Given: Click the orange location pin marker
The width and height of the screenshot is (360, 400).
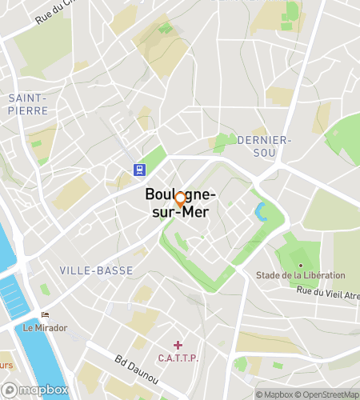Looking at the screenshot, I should [181, 199].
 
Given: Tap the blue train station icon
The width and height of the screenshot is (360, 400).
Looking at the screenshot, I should [140, 169].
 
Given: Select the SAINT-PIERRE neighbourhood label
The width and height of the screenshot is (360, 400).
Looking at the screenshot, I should [28, 104].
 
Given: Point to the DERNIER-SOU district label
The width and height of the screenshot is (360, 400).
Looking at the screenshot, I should [265, 146].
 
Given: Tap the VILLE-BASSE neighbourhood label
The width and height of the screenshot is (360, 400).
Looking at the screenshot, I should [97, 270].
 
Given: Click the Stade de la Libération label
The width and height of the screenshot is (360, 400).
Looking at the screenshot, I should [301, 275].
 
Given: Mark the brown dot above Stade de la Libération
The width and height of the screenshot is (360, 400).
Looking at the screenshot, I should [301, 265].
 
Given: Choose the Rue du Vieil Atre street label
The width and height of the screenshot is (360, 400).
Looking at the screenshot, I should [328, 294].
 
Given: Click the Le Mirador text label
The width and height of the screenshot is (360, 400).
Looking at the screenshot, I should [45, 327].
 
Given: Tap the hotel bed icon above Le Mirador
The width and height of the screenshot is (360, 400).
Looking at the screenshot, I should [45, 315].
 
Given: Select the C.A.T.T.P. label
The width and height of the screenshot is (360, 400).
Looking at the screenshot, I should [178, 358].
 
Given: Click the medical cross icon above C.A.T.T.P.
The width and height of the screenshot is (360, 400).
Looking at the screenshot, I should [178, 345].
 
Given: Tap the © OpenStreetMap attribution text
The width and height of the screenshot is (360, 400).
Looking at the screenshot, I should [326, 394].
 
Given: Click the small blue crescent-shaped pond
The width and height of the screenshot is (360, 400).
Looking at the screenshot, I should [260, 214].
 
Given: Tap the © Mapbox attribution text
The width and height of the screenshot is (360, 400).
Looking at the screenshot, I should [274, 394].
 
